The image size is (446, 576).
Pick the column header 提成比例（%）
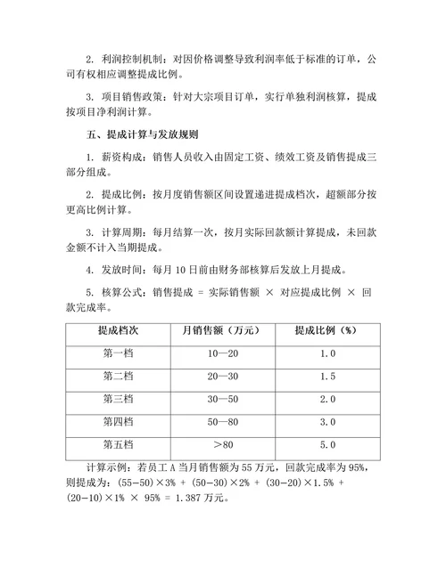(326, 330)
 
